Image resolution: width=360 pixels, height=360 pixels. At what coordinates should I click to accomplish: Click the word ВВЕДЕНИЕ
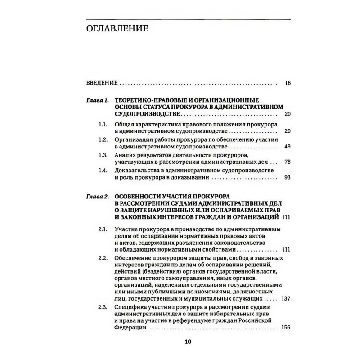tap(102, 83)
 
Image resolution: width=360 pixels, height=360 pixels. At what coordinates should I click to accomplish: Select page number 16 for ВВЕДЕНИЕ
tap(288, 83)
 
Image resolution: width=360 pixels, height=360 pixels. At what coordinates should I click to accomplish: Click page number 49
tap(288, 147)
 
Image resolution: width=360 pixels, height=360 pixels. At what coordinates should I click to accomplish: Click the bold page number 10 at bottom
tap(188, 342)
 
